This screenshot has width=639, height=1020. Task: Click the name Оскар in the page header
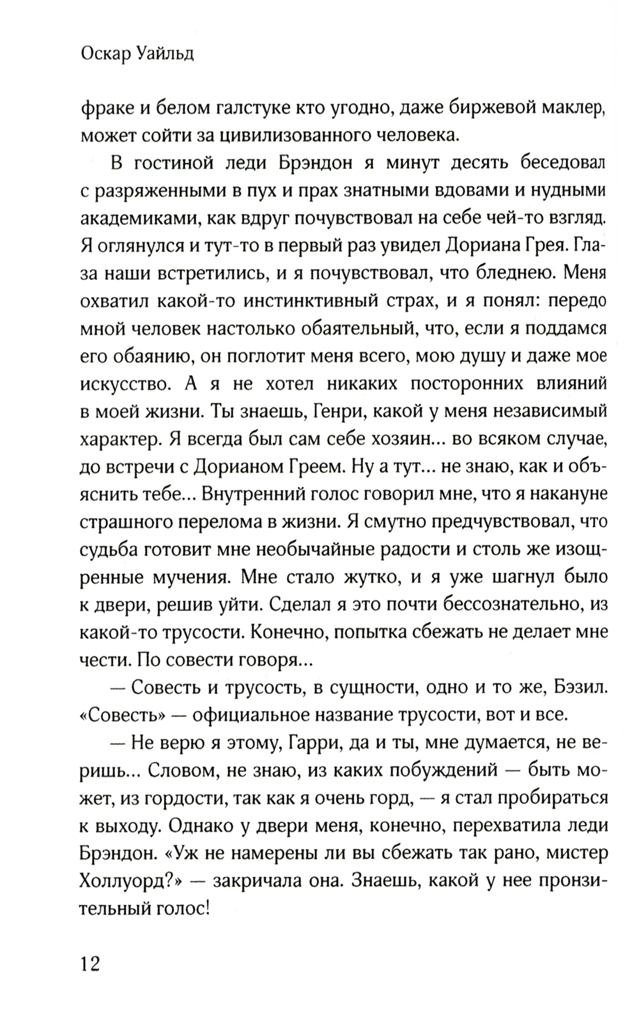pyautogui.click(x=109, y=55)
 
